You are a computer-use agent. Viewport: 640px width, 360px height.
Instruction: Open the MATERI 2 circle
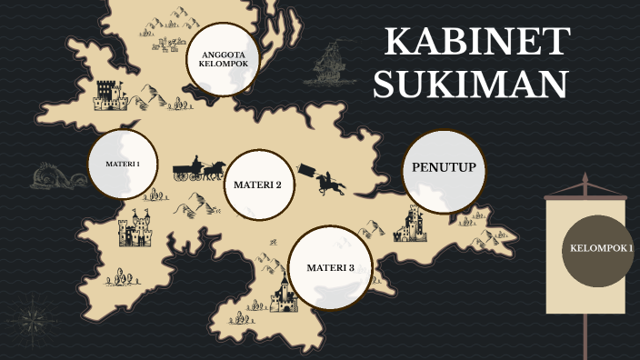257,185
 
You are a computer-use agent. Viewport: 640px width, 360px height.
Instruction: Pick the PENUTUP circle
444,170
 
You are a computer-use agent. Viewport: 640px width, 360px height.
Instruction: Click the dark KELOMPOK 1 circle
597,249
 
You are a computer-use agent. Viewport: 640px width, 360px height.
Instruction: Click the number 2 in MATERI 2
277,185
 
